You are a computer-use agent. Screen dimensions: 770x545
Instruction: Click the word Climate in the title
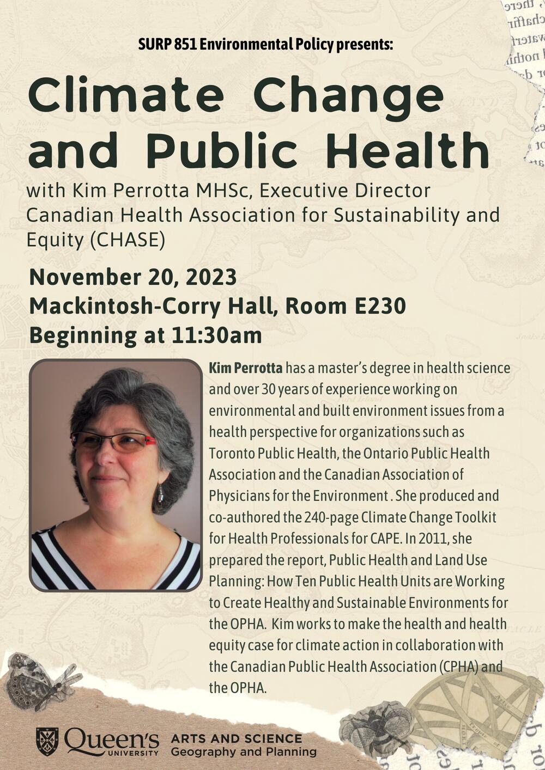(125, 96)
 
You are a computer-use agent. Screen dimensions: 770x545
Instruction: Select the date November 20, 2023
(133, 277)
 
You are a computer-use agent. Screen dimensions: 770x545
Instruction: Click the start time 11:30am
(216, 335)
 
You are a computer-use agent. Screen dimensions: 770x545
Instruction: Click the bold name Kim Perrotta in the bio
(246, 368)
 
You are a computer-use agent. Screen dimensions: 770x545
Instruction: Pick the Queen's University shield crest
(47, 741)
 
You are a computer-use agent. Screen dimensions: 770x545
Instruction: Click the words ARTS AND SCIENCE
(236, 738)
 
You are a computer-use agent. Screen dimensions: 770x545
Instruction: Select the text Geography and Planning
(243, 752)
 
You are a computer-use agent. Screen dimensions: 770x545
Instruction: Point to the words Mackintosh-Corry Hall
(149, 306)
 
